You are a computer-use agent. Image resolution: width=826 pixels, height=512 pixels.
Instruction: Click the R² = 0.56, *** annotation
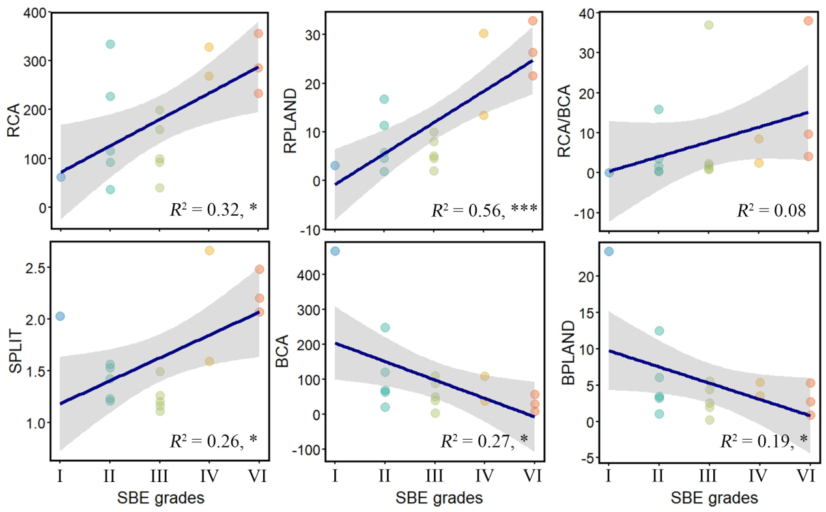484,210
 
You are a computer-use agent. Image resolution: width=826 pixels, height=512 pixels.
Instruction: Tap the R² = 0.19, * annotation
763,441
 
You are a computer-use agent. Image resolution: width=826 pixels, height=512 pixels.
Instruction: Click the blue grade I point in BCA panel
335,251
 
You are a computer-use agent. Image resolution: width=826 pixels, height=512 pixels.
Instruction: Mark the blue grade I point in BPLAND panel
609,251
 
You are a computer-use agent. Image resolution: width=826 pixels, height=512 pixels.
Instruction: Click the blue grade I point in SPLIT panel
60,316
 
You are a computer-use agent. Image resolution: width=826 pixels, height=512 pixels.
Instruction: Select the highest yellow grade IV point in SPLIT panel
209,251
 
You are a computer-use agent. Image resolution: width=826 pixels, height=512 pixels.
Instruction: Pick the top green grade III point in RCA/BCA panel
709,25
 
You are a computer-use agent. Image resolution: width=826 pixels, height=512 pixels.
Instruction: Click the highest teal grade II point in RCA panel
110,44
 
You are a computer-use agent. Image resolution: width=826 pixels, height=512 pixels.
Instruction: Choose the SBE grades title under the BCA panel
439,499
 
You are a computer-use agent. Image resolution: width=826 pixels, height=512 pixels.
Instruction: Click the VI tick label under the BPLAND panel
808,476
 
